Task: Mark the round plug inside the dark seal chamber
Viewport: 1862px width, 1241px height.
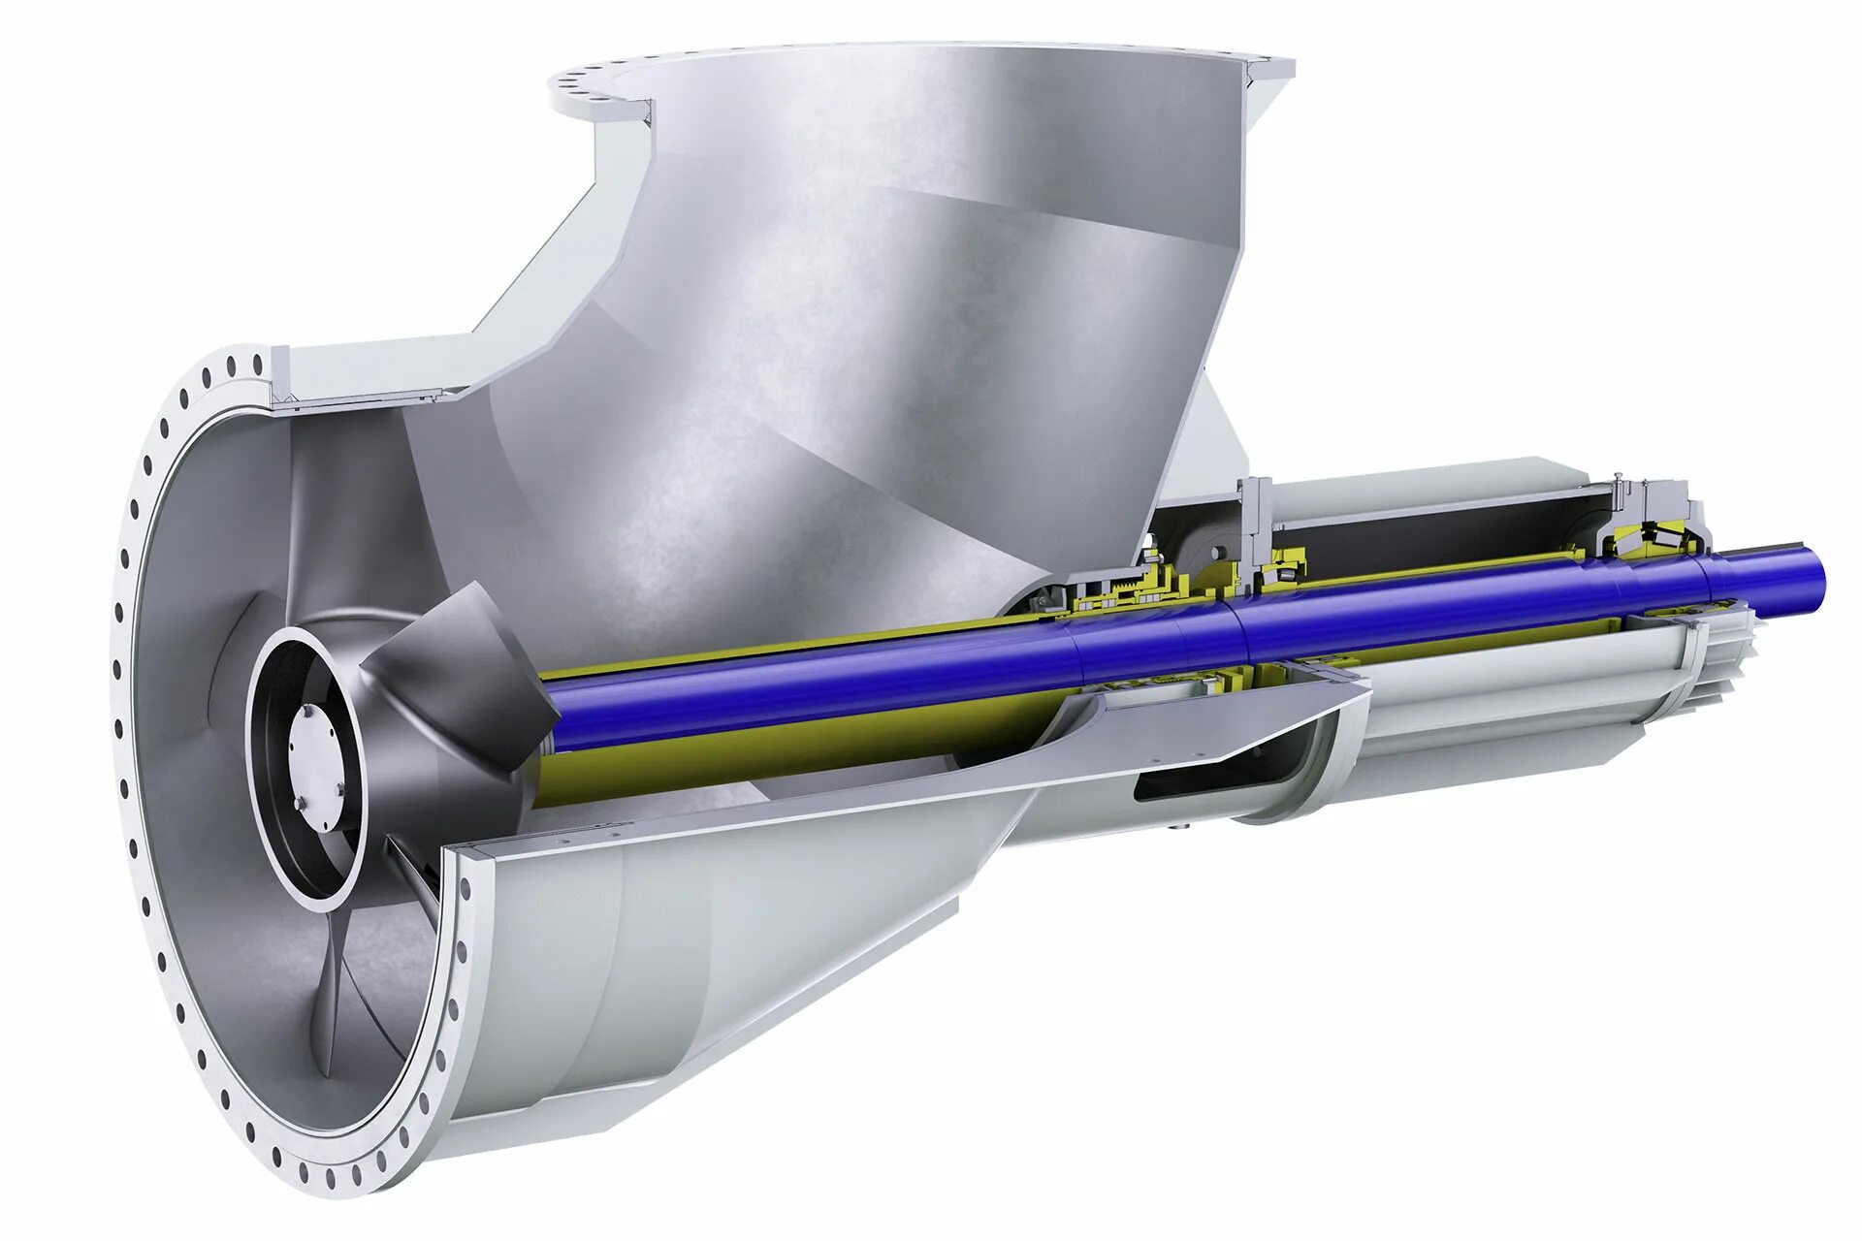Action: tap(1213, 552)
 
